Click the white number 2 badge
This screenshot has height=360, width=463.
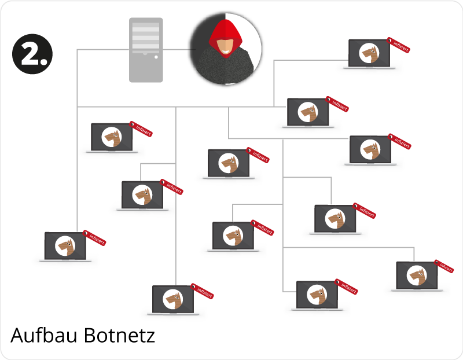(x=32, y=54)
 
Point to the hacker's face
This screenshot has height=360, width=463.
(x=225, y=46)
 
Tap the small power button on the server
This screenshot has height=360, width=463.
(x=156, y=57)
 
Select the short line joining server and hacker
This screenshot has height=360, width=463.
(x=179, y=50)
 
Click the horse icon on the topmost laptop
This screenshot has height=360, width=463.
(x=369, y=54)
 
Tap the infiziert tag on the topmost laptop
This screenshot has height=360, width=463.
(x=399, y=45)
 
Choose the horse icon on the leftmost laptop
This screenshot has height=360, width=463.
(x=65, y=246)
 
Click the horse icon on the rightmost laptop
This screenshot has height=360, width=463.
(x=417, y=275)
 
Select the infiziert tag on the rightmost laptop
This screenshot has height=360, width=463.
(x=444, y=266)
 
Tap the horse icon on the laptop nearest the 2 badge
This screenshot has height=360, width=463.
(x=111, y=137)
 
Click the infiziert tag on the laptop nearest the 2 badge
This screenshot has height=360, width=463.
(x=141, y=129)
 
